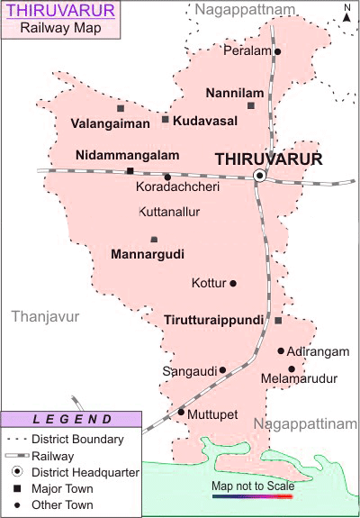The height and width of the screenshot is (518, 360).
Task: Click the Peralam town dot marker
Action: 277,51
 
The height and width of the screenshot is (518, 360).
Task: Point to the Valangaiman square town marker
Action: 120,108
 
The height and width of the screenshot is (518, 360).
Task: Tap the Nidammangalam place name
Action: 127,155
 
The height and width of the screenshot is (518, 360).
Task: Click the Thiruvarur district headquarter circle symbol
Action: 259,175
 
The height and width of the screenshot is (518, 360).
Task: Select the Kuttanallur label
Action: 170,213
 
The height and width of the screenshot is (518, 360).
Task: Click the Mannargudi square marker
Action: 154,240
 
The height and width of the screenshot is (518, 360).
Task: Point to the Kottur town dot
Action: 233,284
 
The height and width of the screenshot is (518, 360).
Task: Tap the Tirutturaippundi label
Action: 213,320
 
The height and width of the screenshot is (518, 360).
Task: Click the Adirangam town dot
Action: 281,351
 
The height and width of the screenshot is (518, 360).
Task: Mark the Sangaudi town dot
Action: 222,369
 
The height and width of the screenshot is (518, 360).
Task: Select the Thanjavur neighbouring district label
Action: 45,317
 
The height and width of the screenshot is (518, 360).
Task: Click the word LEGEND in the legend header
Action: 72,419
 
